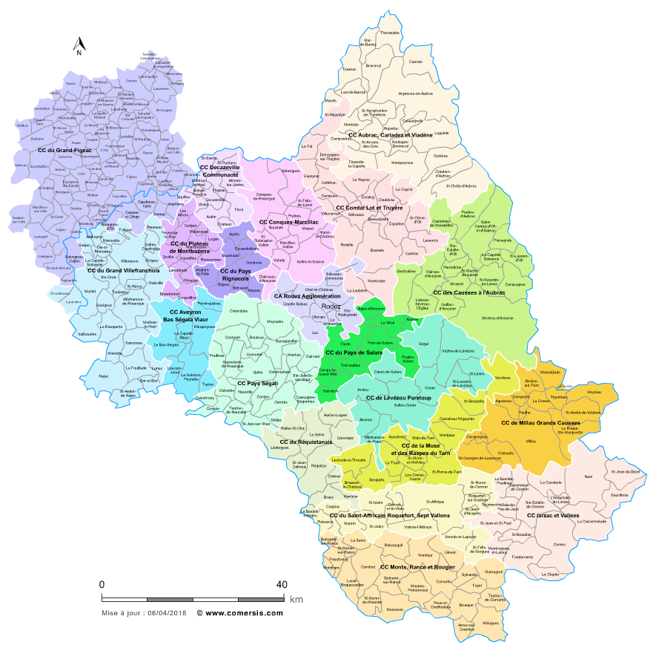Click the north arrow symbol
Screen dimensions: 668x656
pos(77,47)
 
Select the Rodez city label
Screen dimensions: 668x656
pos(331,306)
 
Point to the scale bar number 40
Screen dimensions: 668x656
pos(282,585)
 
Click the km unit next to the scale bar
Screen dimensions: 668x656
pos(296,600)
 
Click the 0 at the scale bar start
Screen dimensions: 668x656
pos(102,585)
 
